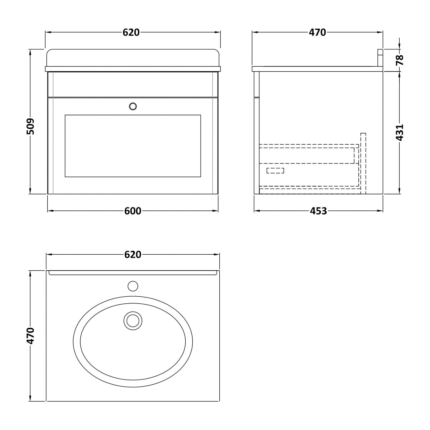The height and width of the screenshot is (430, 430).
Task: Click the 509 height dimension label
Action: (30, 126)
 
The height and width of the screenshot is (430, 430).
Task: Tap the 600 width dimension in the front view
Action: (133, 211)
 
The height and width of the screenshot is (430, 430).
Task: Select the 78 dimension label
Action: (399, 60)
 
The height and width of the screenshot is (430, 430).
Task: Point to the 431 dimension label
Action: (399, 133)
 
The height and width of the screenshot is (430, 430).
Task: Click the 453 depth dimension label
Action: (318, 211)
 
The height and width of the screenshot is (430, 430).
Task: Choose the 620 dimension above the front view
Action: (131, 32)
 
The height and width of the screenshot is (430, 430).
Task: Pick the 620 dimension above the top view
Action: (133, 255)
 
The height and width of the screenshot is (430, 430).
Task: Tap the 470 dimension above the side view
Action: (317, 32)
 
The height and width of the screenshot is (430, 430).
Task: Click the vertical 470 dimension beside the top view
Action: (30, 336)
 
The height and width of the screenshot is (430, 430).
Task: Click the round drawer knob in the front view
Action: (133, 106)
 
